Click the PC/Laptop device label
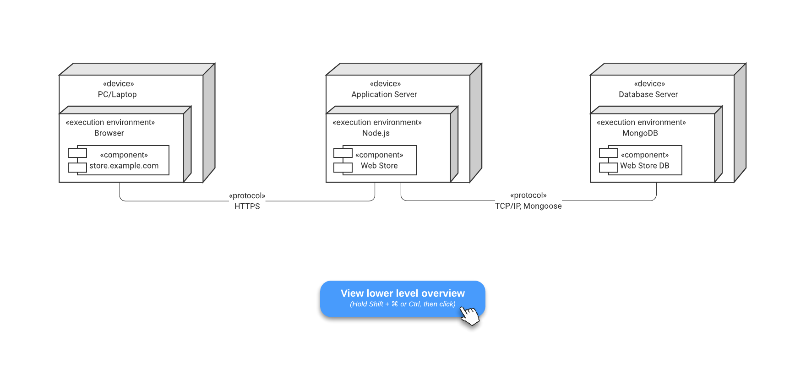[x=117, y=94]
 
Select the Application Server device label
[x=384, y=94]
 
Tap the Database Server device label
[x=648, y=94]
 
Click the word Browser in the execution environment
[x=109, y=133]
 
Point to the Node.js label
[x=376, y=133]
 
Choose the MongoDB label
[x=640, y=133]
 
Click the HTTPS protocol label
[x=247, y=206]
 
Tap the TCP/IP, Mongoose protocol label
[x=528, y=206]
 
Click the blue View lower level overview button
[x=403, y=293]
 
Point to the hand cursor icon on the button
[x=469, y=315]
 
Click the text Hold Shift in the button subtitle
[x=366, y=304]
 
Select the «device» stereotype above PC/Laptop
[x=118, y=84]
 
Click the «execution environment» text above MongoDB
[x=641, y=122]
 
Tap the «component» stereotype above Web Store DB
[x=644, y=155]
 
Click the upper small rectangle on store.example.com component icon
[x=77, y=153]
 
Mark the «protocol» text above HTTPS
[x=247, y=196]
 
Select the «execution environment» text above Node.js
[x=377, y=122]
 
